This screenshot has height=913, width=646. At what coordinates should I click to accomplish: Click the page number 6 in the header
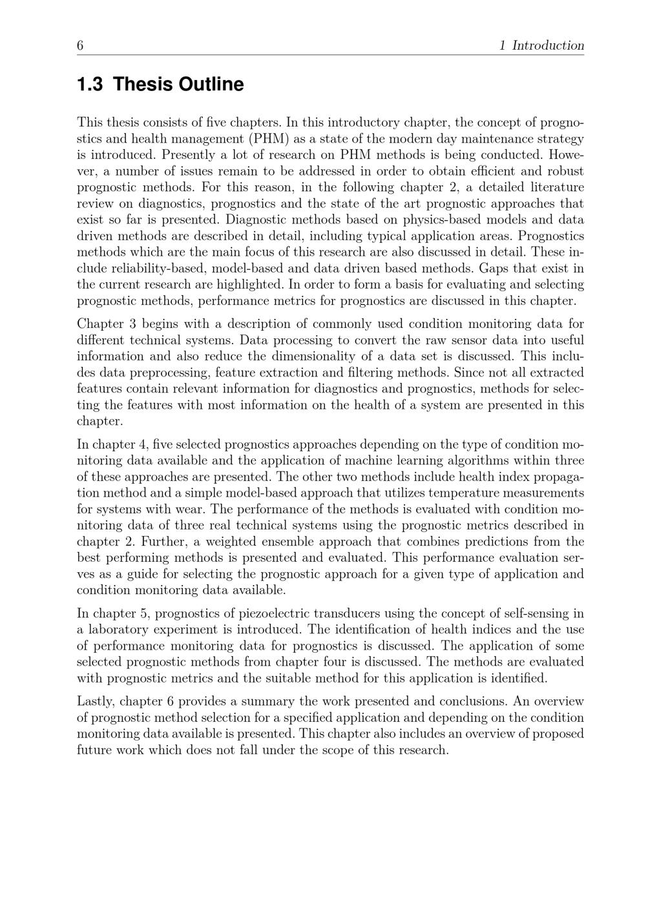80,45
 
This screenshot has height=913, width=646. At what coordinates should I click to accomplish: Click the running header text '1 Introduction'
542,45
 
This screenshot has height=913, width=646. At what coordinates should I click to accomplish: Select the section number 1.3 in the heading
90,85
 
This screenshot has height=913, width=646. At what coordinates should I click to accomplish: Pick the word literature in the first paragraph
550,187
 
